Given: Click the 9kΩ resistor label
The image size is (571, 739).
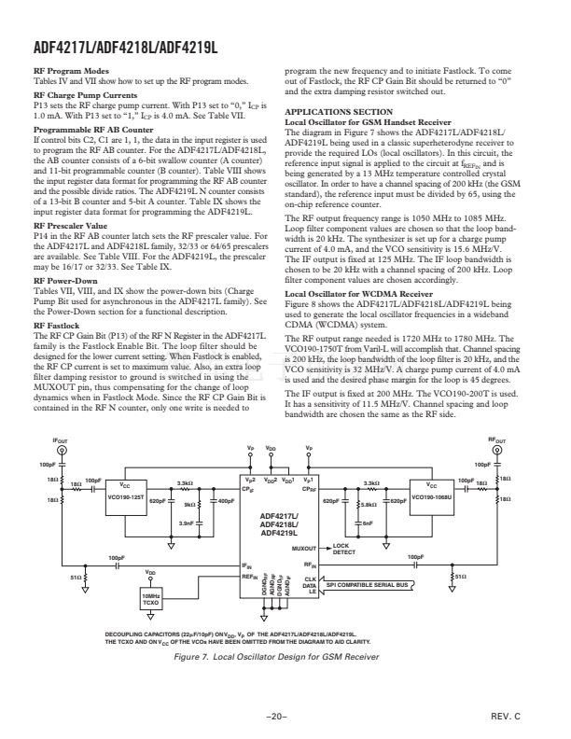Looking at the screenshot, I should [x=188, y=505].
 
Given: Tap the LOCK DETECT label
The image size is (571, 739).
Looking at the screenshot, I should [x=344, y=550].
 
